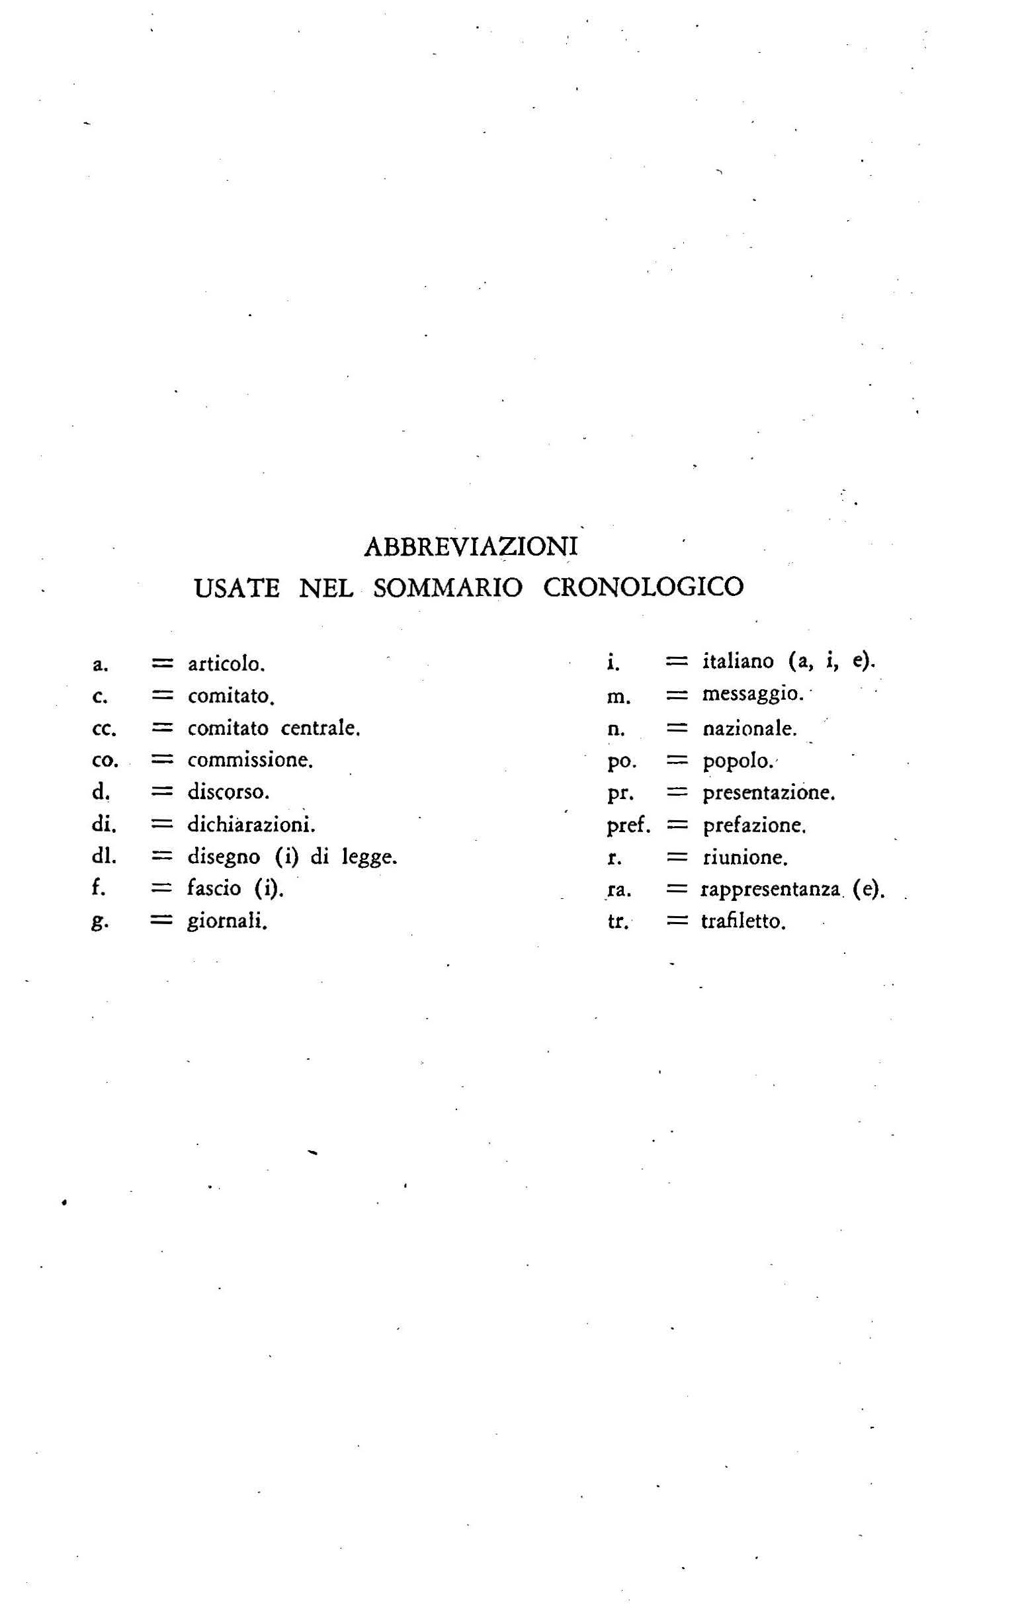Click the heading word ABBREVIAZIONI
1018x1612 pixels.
click(x=471, y=547)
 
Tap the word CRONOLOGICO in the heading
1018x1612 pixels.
click(x=643, y=588)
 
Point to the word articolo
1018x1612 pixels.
click(x=226, y=665)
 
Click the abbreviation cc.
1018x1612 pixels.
click(x=104, y=729)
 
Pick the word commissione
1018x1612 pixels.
click(x=249, y=761)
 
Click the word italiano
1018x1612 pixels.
click(x=738, y=661)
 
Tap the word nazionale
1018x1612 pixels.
click(x=749, y=728)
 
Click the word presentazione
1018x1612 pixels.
click(x=769, y=794)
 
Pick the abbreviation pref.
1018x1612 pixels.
click(x=628, y=826)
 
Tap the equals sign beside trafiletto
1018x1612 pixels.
click(x=677, y=921)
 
